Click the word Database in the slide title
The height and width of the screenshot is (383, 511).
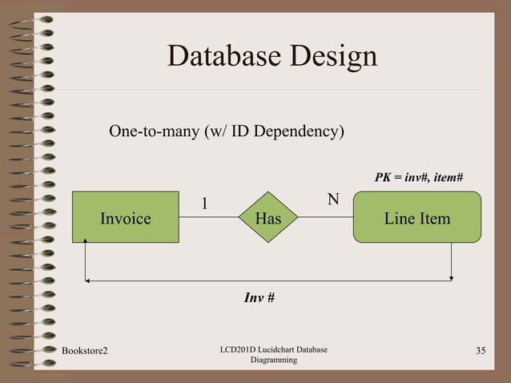221,57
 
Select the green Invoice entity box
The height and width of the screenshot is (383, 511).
125,218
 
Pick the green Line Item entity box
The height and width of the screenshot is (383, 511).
416,218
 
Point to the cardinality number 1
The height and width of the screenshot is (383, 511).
204,204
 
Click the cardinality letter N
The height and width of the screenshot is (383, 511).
332,198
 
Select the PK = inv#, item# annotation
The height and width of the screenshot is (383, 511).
420,176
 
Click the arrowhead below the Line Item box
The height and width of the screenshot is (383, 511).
452,276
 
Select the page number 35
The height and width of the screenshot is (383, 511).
481,351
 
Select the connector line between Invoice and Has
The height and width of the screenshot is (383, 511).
210,217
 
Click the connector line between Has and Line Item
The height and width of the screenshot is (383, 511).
324,217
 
